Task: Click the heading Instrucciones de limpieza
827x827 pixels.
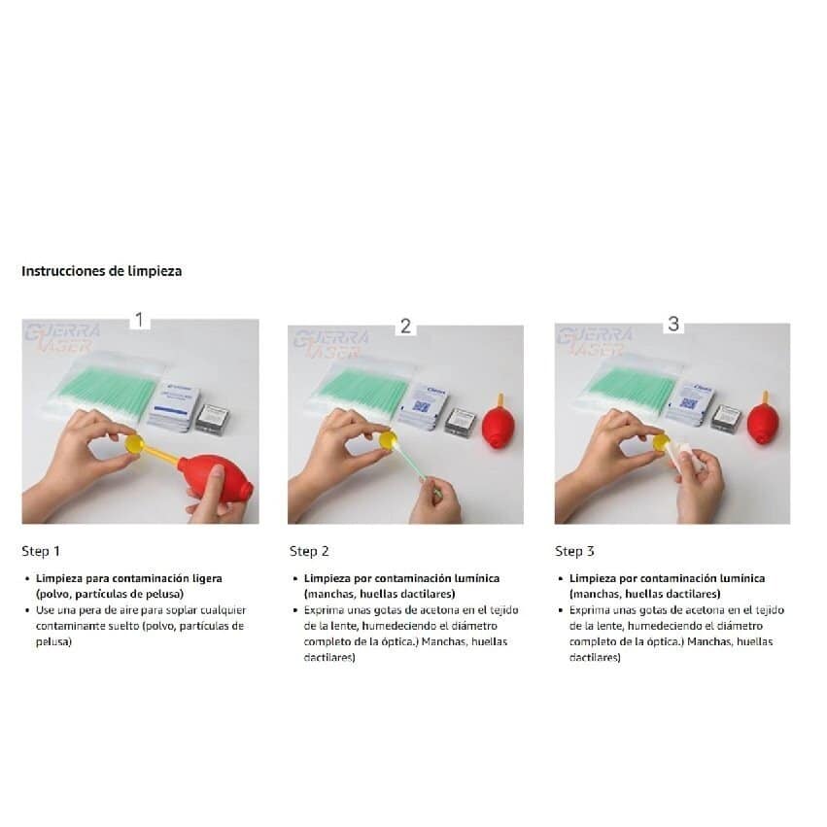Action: pyautogui.click(x=102, y=271)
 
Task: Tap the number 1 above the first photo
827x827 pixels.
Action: pyautogui.click(x=139, y=320)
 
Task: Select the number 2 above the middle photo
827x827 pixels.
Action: pyautogui.click(x=405, y=327)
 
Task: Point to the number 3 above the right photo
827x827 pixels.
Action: pyautogui.click(x=673, y=324)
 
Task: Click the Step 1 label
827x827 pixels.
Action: pyautogui.click(x=41, y=551)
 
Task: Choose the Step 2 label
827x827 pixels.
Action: pyautogui.click(x=309, y=551)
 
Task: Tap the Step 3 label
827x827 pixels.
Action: pyautogui.click(x=574, y=551)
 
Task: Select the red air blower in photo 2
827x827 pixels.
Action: pyautogui.click(x=499, y=421)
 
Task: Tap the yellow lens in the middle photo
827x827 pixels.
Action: pyautogui.click(x=388, y=441)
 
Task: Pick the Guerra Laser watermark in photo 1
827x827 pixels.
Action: pyautogui.click(x=62, y=338)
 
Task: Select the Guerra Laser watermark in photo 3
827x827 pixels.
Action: pyautogui.click(x=594, y=342)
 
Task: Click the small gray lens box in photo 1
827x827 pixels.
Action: pyautogui.click(x=213, y=417)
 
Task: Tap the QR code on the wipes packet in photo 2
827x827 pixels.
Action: pyautogui.click(x=421, y=406)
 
